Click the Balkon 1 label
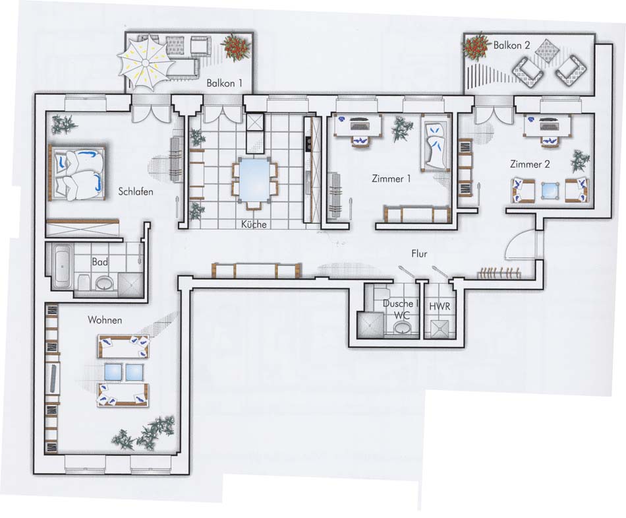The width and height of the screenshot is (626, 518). [224, 83]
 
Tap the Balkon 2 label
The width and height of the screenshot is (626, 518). [511, 45]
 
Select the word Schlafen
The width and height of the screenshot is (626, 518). [136, 191]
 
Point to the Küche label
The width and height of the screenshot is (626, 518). [254, 224]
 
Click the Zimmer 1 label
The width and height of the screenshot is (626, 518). [391, 178]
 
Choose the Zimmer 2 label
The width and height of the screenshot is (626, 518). [530, 164]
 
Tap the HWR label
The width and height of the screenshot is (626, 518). [440, 307]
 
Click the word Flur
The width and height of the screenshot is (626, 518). [419, 253]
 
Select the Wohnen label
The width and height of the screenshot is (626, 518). [105, 320]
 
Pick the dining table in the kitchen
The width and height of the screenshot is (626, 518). [254, 180]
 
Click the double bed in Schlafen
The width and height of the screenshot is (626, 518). [78, 172]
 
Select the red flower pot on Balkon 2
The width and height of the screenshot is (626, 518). [476, 46]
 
